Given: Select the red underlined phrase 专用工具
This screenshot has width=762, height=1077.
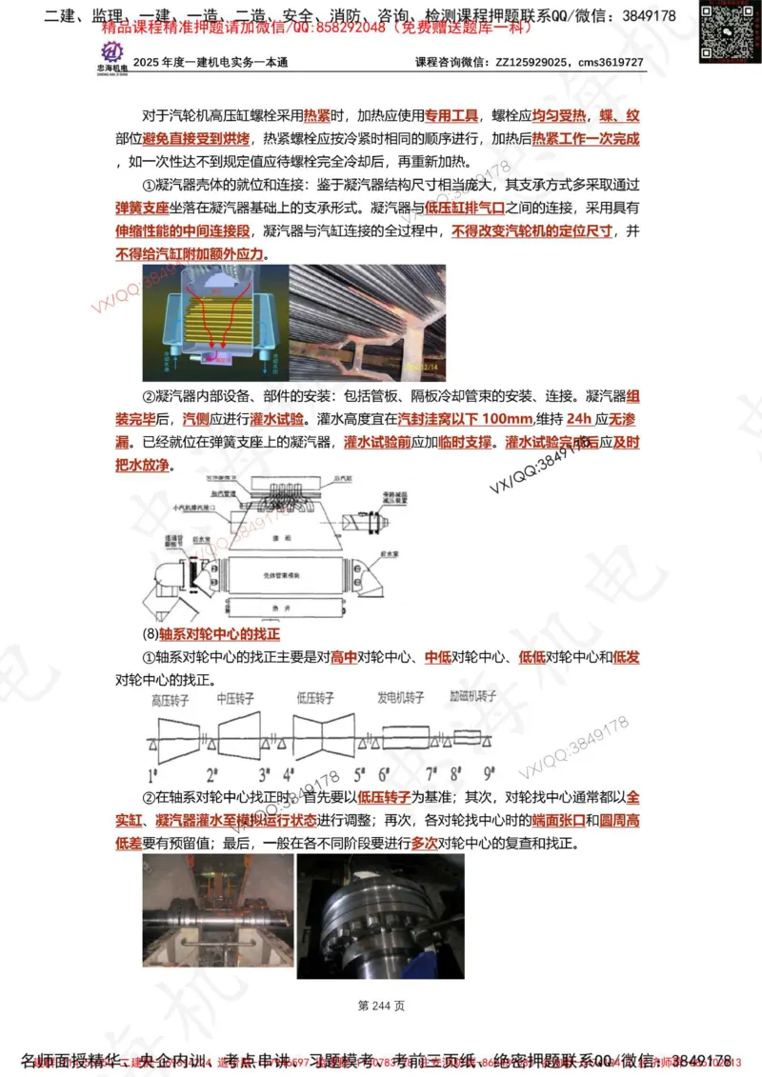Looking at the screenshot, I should [x=451, y=117].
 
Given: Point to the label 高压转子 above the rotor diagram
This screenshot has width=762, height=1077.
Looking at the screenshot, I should [x=170, y=700].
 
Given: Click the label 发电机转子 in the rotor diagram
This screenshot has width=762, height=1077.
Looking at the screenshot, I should [x=401, y=700].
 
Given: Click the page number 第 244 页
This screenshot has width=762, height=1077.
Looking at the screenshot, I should [x=381, y=1006].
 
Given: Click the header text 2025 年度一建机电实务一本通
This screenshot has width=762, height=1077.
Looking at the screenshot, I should [x=211, y=63].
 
